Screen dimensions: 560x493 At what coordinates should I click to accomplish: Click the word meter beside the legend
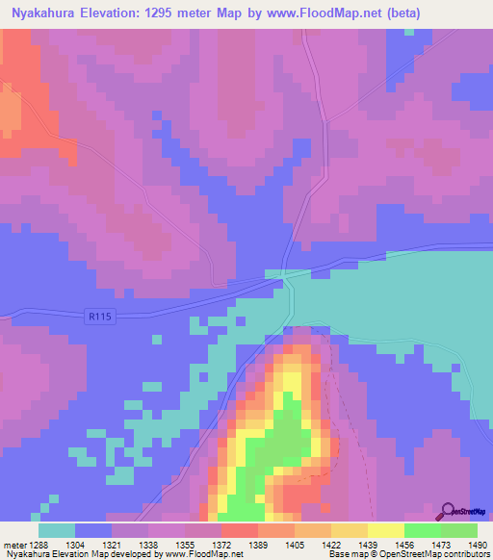click(15, 545)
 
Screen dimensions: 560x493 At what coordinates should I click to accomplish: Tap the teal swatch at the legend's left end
click(57, 530)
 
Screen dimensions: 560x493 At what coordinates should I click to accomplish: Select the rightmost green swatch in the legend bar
click(458, 530)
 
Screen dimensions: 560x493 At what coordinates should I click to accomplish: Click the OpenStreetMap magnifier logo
click(448, 512)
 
